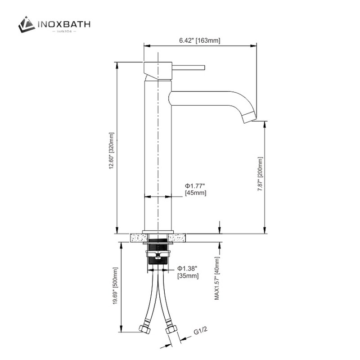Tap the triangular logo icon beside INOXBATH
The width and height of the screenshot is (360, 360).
click(x=27, y=24)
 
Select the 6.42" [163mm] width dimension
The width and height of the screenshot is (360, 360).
click(x=199, y=40)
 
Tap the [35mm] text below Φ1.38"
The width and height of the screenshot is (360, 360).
click(x=188, y=275)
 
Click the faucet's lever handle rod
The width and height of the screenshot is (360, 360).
click(x=189, y=67)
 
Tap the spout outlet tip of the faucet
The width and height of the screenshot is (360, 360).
click(x=249, y=117)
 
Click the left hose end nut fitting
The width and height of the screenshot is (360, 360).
click(x=145, y=328)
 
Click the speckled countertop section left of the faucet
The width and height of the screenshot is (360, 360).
click(x=135, y=237)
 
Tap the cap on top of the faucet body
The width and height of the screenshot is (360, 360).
click(x=157, y=67)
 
